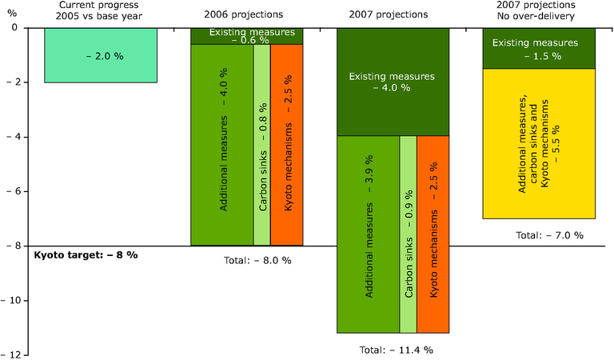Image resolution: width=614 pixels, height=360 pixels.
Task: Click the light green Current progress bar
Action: [x=100, y=54]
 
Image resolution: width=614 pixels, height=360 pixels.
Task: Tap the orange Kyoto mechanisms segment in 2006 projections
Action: [x=287, y=144]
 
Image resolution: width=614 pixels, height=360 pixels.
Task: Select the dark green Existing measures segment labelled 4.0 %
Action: [x=392, y=82]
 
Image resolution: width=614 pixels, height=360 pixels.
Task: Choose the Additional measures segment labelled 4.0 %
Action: [x=221, y=144]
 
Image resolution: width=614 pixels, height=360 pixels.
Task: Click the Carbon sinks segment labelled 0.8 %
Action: [x=261, y=144]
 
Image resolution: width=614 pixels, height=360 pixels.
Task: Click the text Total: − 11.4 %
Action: [x=392, y=350]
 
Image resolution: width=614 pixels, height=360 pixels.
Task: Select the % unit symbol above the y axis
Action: [x=11, y=13]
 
